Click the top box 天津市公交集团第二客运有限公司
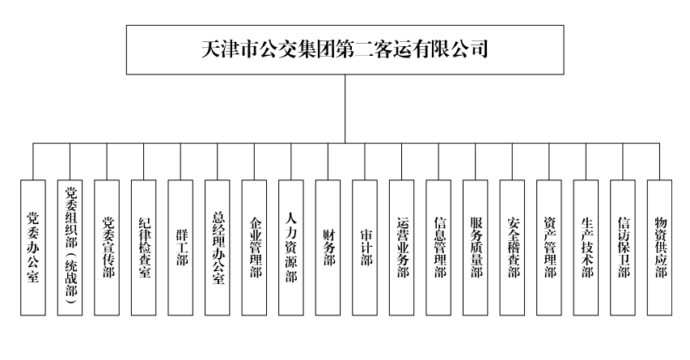(x=345, y=49)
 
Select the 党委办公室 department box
(x=33, y=247)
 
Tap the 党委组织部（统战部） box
(x=70, y=247)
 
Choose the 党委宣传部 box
(x=107, y=247)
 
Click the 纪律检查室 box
(x=144, y=247)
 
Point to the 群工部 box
(x=181, y=247)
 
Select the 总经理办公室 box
(x=218, y=247)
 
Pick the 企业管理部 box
(x=255, y=247)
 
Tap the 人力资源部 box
(x=291, y=247)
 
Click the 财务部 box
(x=328, y=247)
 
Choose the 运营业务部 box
(x=402, y=247)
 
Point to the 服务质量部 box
(x=476, y=247)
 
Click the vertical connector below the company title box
(x=345, y=109)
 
